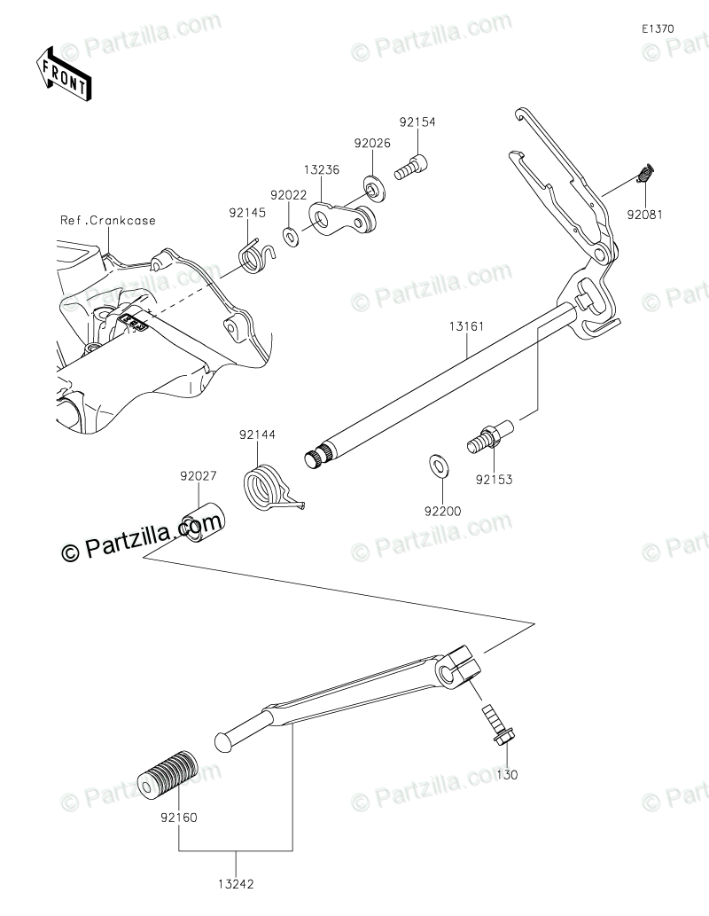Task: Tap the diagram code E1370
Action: [x=658, y=28]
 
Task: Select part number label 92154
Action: [x=417, y=122]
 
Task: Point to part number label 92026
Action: [x=372, y=142]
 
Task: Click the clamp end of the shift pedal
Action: [x=458, y=665]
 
